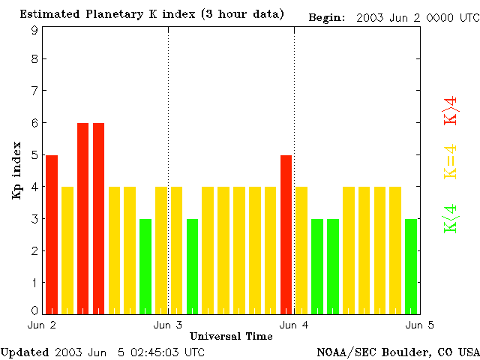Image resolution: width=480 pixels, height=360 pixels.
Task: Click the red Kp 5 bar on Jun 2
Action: click(52, 234)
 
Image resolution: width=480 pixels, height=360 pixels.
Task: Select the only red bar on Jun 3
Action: click(286, 234)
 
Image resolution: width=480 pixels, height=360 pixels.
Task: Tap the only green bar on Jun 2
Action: click(145, 266)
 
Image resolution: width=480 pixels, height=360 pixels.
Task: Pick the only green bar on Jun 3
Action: click(192, 266)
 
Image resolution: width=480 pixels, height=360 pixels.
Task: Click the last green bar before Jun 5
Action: click(411, 266)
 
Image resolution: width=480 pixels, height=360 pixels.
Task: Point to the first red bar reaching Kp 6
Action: click(82, 218)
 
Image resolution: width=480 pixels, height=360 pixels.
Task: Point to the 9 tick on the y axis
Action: click(34, 30)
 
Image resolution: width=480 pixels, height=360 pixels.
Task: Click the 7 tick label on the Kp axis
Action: click(34, 91)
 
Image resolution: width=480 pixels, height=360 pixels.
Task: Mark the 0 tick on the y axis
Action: click(34, 310)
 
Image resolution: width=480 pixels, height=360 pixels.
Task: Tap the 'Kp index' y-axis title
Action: click(16, 170)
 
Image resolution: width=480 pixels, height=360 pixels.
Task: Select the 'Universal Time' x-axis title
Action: click(231, 336)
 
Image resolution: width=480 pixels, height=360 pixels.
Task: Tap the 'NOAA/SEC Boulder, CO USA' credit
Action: click(397, 351)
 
